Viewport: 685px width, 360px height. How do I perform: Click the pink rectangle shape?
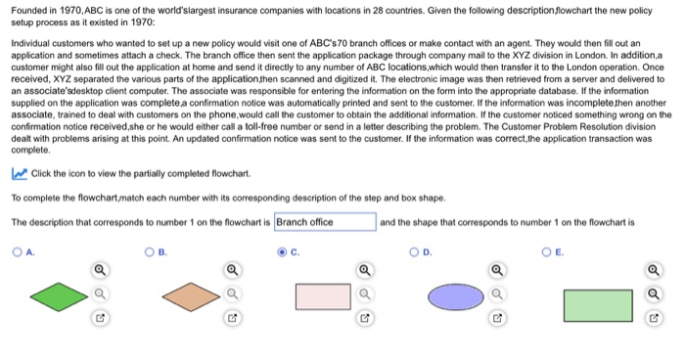(x=323, y=296)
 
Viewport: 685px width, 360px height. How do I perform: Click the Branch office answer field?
(x=325, y=222)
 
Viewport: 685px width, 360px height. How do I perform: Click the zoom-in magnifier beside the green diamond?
(x=100, y=269)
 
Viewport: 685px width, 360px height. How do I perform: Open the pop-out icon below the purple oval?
(x=498, y=318)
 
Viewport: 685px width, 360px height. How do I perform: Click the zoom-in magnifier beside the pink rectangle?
(x=364, y=269)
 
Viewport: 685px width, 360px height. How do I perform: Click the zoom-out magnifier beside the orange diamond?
(x=231, y=292)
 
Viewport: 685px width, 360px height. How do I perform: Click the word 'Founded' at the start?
(x=29, y=9)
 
